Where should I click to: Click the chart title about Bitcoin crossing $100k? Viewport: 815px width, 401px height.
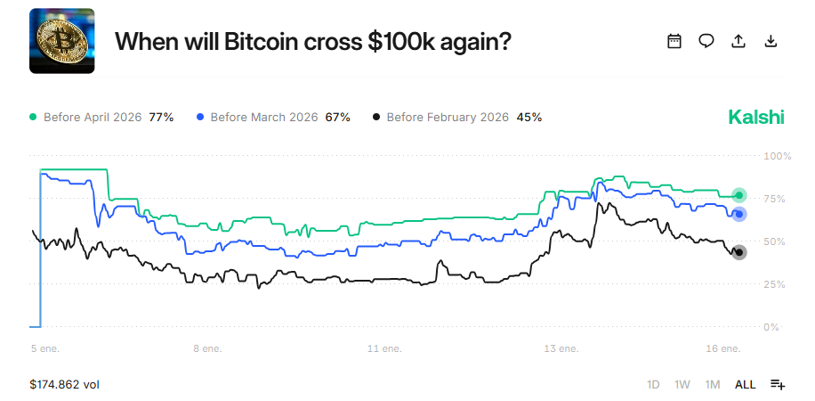tap(313, 41)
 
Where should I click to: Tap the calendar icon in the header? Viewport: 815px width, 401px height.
tap(674, 41)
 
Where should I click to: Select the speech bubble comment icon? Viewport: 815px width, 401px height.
tap(706, 41)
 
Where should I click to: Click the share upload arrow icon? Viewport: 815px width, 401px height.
tap(738, 41)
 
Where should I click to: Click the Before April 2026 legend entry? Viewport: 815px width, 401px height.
tap(101, 117)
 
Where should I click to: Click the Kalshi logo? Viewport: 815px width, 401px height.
tap(756, 117)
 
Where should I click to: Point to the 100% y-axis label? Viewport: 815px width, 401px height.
tap(778, 156)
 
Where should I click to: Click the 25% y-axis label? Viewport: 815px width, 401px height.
tap(778, 284)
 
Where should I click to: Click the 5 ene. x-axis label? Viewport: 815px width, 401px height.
tap(44, 348)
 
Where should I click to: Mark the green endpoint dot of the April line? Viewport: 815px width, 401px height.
tap(738, 195)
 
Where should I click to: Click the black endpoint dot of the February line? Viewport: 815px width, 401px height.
tap(738, 252)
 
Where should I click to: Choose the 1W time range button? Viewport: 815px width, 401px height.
tap(682, 384)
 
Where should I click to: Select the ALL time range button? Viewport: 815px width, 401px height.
tap(745, 384)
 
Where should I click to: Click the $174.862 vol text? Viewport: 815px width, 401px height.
tap(64, 384)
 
